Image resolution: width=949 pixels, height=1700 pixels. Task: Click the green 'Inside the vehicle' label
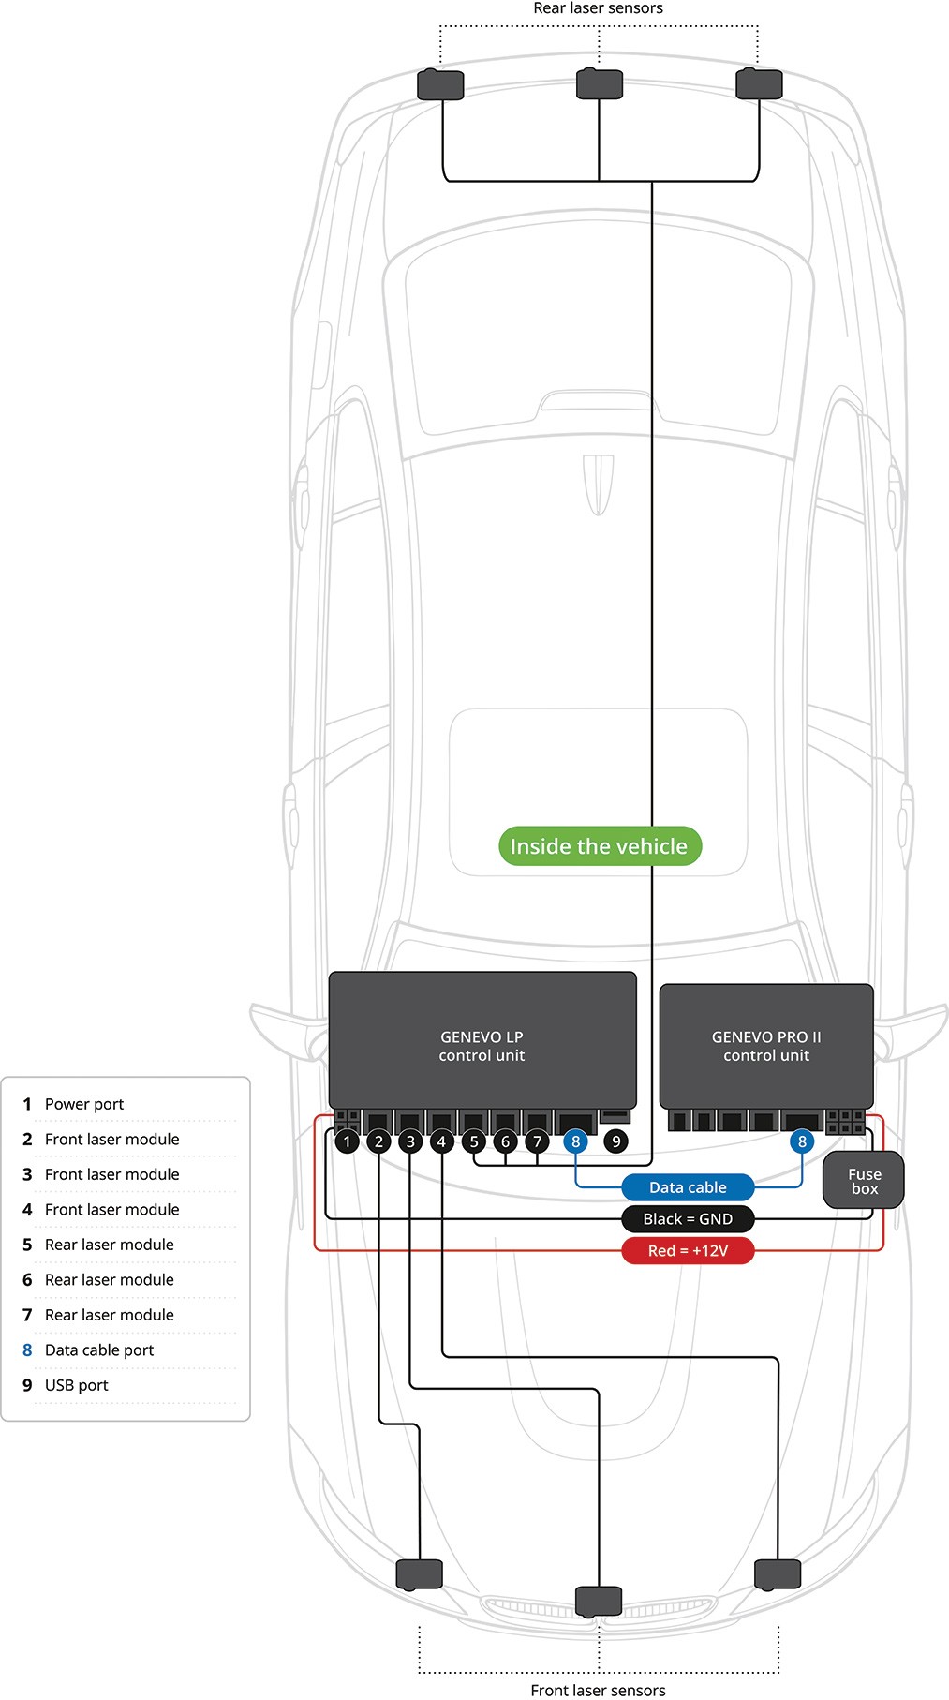(600, 846)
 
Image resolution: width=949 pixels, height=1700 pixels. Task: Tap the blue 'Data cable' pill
(688, 1187)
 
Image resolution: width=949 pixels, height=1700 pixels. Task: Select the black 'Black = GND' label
(688, 1219)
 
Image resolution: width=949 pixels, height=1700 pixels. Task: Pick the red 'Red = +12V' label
(688, 1251)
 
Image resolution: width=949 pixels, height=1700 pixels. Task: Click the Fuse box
(864, 1181)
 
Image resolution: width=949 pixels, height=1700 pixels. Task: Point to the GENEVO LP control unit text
(482, 1046)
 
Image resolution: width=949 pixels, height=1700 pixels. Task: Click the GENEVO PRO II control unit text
(766, 1046)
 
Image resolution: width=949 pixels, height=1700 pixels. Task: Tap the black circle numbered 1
(348, 1141)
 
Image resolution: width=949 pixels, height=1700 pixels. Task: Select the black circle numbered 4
(441, 1141)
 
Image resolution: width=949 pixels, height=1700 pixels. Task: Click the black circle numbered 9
(615, 1141)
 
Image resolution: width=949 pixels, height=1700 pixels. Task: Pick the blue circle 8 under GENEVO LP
(576, 1141)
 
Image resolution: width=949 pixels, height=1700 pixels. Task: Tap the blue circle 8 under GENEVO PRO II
(802, 1141)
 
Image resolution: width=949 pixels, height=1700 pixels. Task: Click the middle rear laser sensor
(600, 84)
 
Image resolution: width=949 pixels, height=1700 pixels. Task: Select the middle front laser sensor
(599, 1601)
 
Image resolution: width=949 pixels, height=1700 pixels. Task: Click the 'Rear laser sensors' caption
(598, 8)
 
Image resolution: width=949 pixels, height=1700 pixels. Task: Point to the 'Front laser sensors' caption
(598, 1690)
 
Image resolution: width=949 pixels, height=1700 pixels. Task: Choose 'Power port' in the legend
(84, 1104)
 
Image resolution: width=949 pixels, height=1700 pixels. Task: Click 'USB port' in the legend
(77, 1385)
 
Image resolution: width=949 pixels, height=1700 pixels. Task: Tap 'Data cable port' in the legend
(99, 1350)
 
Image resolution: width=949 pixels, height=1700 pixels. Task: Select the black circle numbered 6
(505, 1141)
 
